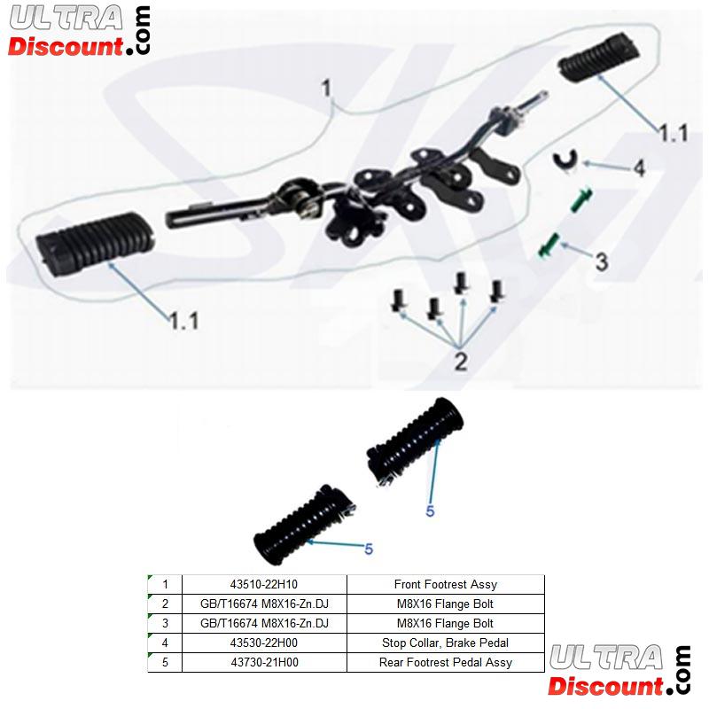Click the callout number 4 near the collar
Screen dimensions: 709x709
(638, 168)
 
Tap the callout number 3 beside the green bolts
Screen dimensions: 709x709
(601, 261)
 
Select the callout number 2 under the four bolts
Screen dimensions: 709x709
(460, 362)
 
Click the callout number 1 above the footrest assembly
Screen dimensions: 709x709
(326, 87)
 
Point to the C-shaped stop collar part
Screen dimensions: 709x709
(565, 160)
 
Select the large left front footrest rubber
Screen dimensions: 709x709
(95, 240)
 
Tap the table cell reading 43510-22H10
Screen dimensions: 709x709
(264, 584)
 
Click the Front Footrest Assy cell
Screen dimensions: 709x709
(446, 584)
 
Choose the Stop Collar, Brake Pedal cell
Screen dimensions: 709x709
(446, 643)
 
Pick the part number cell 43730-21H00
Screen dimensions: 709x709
(264, 662)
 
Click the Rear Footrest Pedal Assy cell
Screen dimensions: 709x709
(446, 662)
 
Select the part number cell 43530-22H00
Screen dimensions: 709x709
(264, 643)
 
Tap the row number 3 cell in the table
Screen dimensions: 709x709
(165, 623)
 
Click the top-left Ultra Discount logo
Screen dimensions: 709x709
(80, 31)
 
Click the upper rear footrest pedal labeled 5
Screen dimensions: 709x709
(415, 440)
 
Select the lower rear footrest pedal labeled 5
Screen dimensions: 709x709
(304, 524)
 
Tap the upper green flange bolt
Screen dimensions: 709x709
(580, 199)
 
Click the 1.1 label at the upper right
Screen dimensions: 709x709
(674, 133)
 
